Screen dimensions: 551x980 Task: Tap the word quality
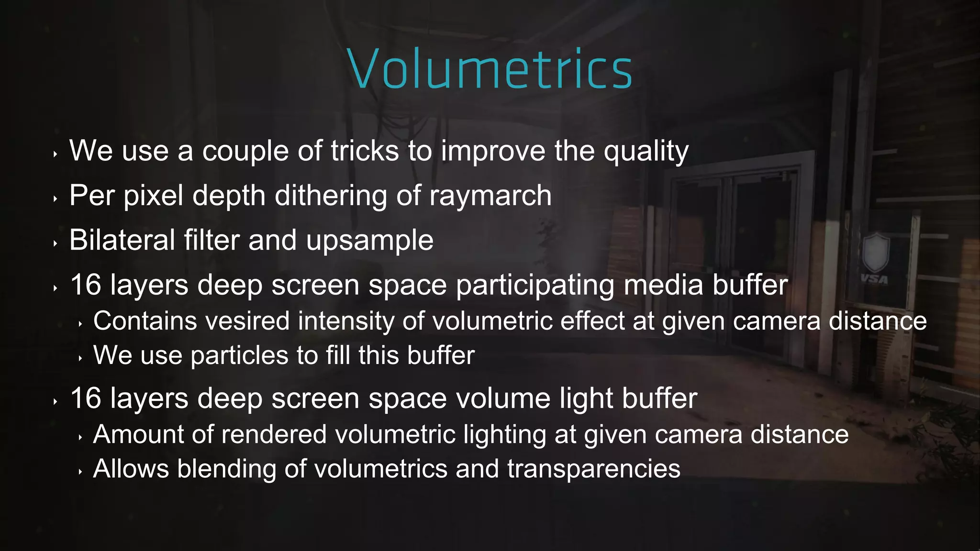point(646,152)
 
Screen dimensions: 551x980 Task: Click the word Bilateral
point(122,240)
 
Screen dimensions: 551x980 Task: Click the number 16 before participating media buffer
point(86,285)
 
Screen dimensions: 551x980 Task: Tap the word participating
point(535,286)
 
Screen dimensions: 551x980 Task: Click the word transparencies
point(593,469)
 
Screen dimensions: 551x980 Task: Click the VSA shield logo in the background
point(875,258)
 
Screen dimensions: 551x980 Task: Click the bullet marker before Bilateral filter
point(56,243)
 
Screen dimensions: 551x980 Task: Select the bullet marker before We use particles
point(80,358)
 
